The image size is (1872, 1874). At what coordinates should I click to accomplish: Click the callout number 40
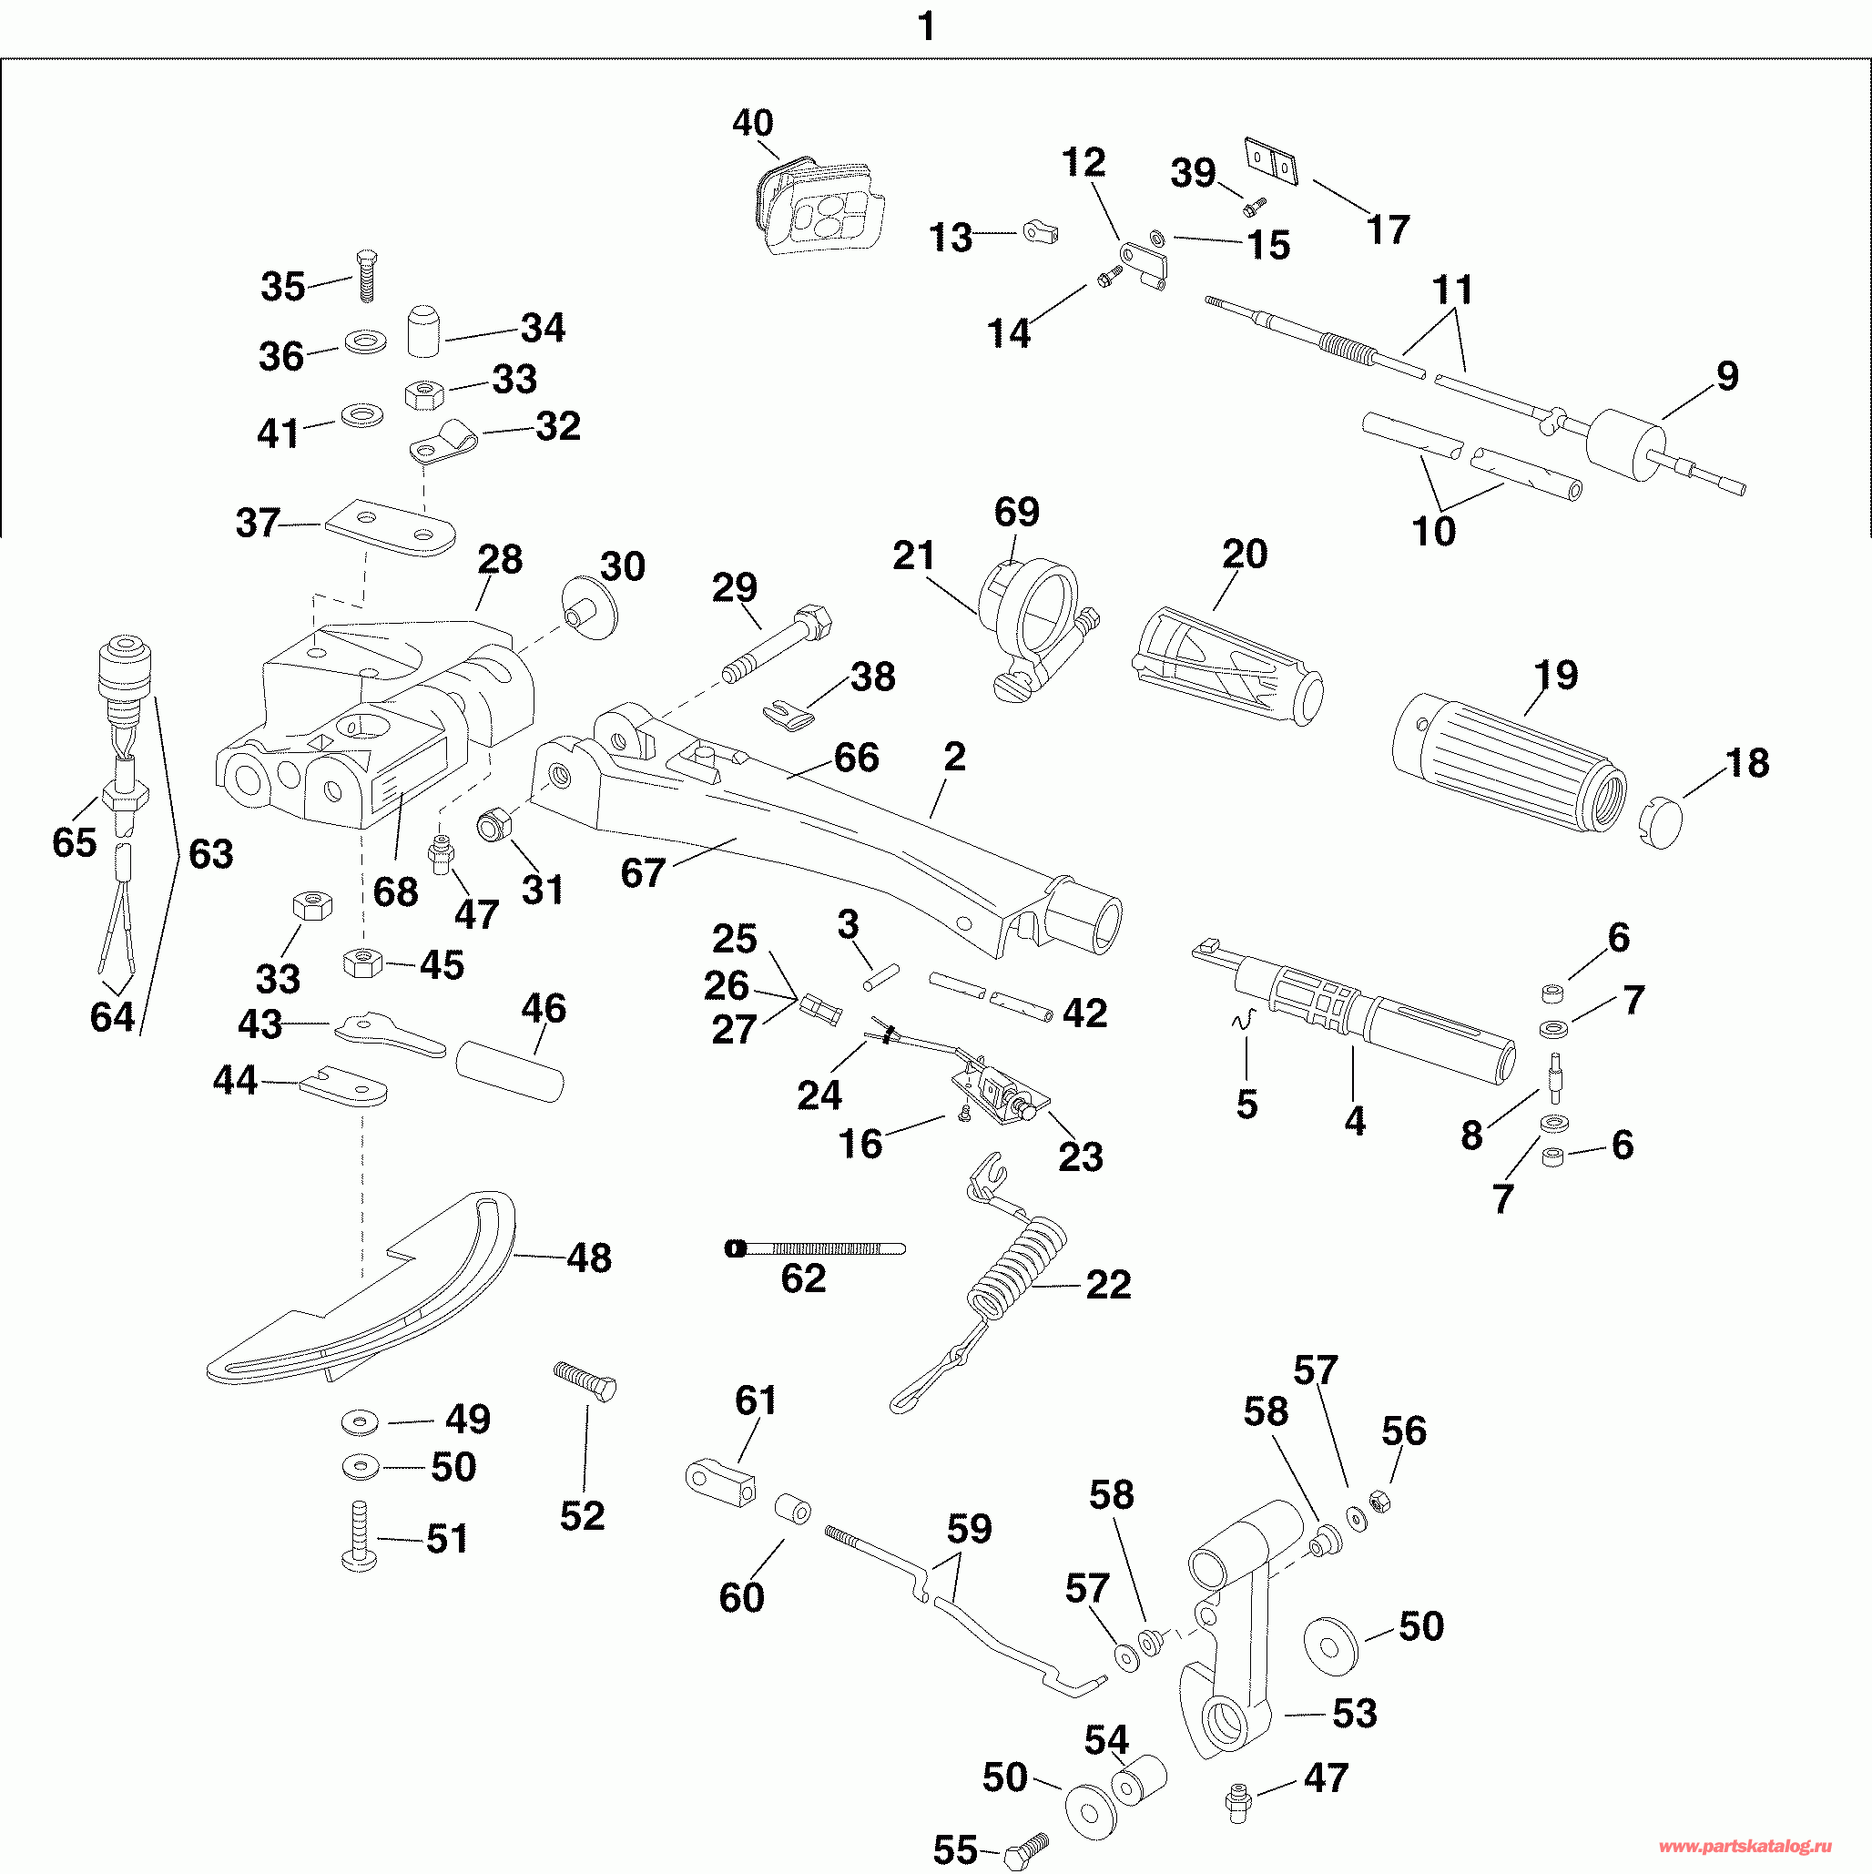pyautogui.click(x=753, y=123)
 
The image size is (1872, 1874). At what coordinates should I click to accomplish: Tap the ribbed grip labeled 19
pyautogui.click(x=1510, y=762)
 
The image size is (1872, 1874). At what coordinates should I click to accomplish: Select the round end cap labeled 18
pyautogui.click(x=1661, y=820)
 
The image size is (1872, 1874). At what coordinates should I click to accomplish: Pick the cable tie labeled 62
pyautogui.click(x=815, y=1248)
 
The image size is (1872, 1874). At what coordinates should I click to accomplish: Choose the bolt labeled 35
pyautogui.click(x=367, y=276)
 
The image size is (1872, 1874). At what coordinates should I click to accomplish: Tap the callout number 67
pyautogui.click(x=642, y=873)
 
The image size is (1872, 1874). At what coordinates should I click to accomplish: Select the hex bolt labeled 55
pyautogui.click(x=1028, y=1853)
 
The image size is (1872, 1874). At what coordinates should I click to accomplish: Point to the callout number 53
pyautogui.click(x=1355, y=1713)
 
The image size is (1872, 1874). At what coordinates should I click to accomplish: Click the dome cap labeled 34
pyautogui.click(x=422, y=330)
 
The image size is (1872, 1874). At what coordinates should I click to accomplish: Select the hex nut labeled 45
pyautogui.click(x=362, y=963)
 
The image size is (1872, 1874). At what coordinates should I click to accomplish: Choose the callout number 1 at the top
pyautogui.click(x=926, y=26)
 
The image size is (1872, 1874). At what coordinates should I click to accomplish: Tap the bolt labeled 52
pyautogui.click(x=585, y=1381)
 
